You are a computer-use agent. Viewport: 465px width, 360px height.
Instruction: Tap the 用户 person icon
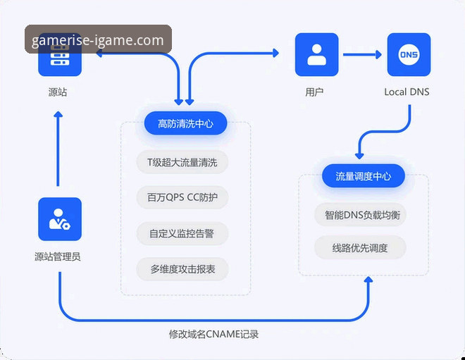[x=316, y=54]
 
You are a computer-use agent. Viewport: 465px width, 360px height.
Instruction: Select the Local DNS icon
[x=409, y=54]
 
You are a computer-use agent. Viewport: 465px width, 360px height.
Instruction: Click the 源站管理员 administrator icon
[x=60, y=219]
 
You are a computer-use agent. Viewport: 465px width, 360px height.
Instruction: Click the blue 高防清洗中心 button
[x=186, y=124]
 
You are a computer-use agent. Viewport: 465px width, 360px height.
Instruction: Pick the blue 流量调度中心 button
[x=364, y=176]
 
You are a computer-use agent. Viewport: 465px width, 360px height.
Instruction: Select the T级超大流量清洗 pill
[x=182, y=162]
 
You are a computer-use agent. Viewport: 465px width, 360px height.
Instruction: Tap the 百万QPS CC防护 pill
[x=182, y=198]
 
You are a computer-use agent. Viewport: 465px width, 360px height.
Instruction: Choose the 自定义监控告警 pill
[x=182, y=233]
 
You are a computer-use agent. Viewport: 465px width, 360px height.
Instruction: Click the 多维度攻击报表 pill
[x=182, y=269]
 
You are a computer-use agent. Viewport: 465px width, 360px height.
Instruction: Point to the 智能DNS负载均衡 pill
[x=361, y=215]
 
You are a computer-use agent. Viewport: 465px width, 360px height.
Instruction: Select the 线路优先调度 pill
[x=360, y=248]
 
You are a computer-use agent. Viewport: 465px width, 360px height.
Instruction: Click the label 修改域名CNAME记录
[x=214, y=334]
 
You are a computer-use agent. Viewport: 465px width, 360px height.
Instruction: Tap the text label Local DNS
[x=407, y=92]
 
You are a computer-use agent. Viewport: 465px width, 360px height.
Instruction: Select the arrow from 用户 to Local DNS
[x=362, y=54]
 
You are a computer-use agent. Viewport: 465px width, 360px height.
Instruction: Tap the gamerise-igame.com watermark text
[x=98, y=39]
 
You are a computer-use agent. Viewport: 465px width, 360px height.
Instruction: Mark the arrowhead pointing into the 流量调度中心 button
[x=360, y=154]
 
